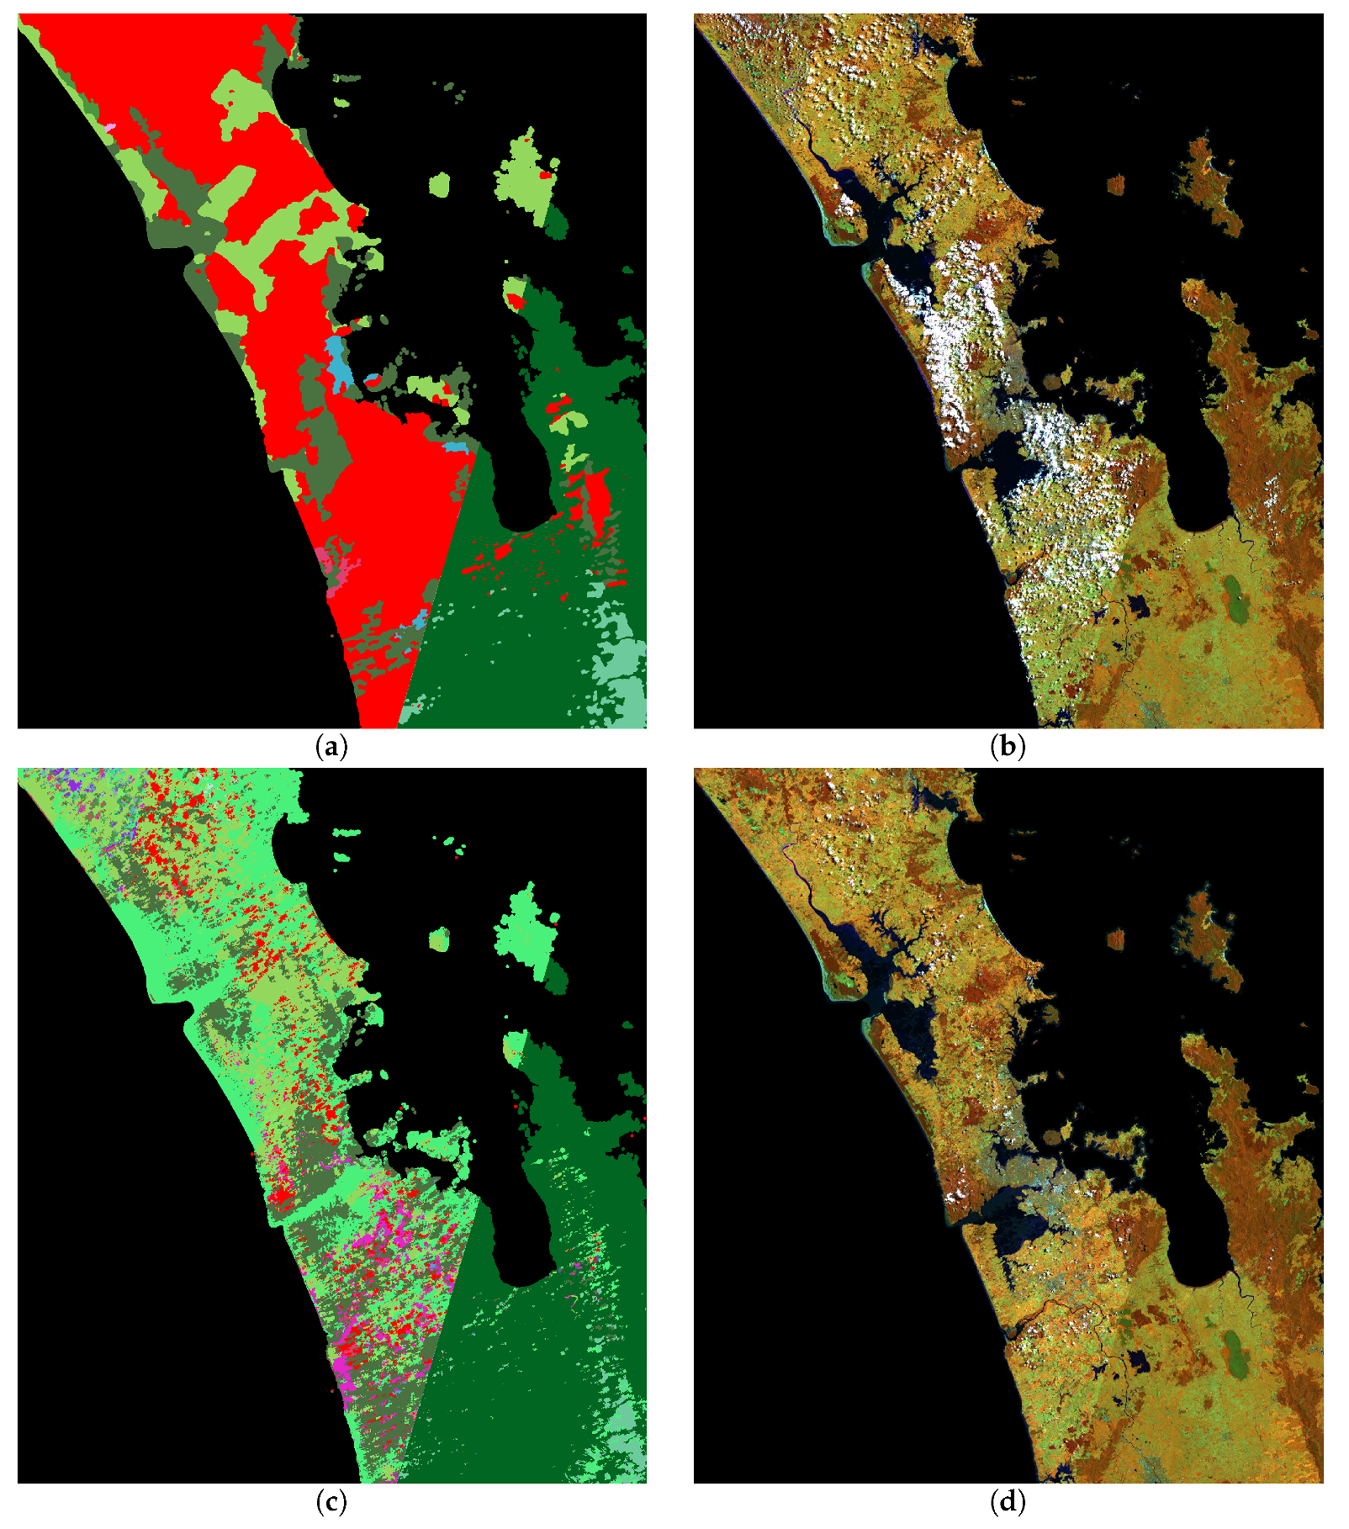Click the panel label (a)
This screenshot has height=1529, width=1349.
[x=331, y=746]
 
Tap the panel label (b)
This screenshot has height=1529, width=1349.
[x=1008, y=746]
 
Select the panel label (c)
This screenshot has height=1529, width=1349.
[x=331, y=1501]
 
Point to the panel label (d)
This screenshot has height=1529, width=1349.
[x=1008, y=1501]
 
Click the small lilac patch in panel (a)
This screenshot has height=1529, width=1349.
[x=109, y=127]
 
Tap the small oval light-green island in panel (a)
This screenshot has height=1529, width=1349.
[x=438, y=184]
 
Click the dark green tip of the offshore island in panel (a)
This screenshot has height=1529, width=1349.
[x=555, y=223]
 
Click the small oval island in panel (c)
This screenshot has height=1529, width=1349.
[x=438, y=939]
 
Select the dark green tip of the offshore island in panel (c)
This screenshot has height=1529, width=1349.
[x=555, y=977]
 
